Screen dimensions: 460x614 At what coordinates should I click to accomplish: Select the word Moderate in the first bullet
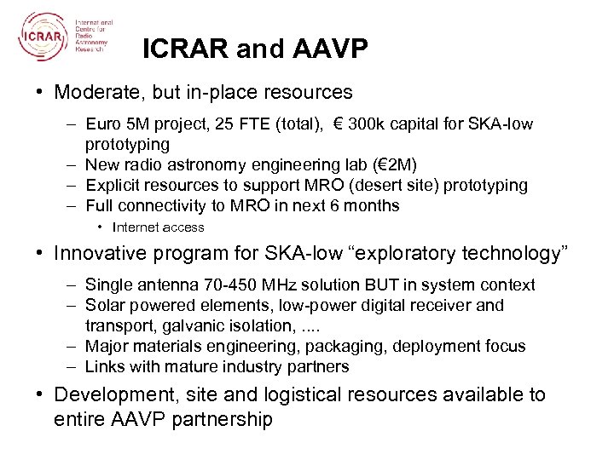tap(95, 90)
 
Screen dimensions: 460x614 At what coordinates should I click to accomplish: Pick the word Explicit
tap(113, 185)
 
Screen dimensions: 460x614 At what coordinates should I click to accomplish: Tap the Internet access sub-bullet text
tap(159, 227)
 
